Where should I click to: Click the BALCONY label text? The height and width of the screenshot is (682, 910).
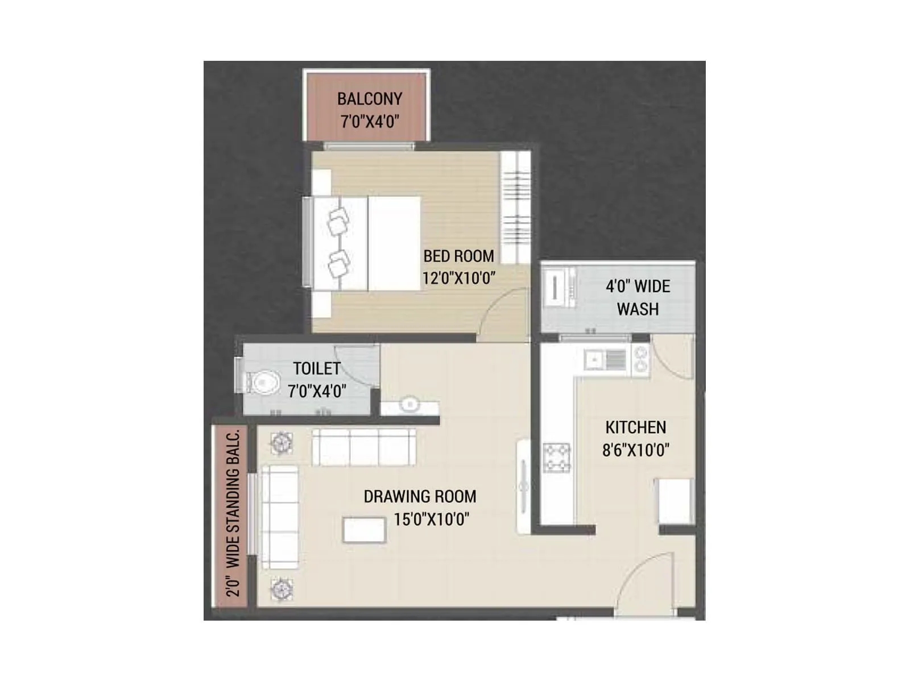369,99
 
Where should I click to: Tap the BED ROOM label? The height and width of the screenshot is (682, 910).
458,256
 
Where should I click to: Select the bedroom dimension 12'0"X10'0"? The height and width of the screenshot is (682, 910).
458,278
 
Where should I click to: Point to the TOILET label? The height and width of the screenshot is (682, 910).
316,369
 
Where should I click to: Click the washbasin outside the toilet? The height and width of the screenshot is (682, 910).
409,405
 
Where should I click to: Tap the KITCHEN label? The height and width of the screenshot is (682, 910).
635,427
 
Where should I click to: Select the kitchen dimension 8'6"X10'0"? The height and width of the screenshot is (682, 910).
635,450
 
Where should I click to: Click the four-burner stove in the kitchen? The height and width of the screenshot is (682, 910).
556,458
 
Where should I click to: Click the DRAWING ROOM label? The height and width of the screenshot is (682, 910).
420,497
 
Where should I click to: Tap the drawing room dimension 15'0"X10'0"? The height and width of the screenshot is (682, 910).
431,519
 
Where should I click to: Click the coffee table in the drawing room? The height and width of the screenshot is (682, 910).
365,530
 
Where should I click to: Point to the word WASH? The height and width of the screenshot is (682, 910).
638,309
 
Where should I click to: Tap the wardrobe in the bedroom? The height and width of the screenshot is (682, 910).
515,207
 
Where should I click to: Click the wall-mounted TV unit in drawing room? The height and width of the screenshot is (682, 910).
524,486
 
